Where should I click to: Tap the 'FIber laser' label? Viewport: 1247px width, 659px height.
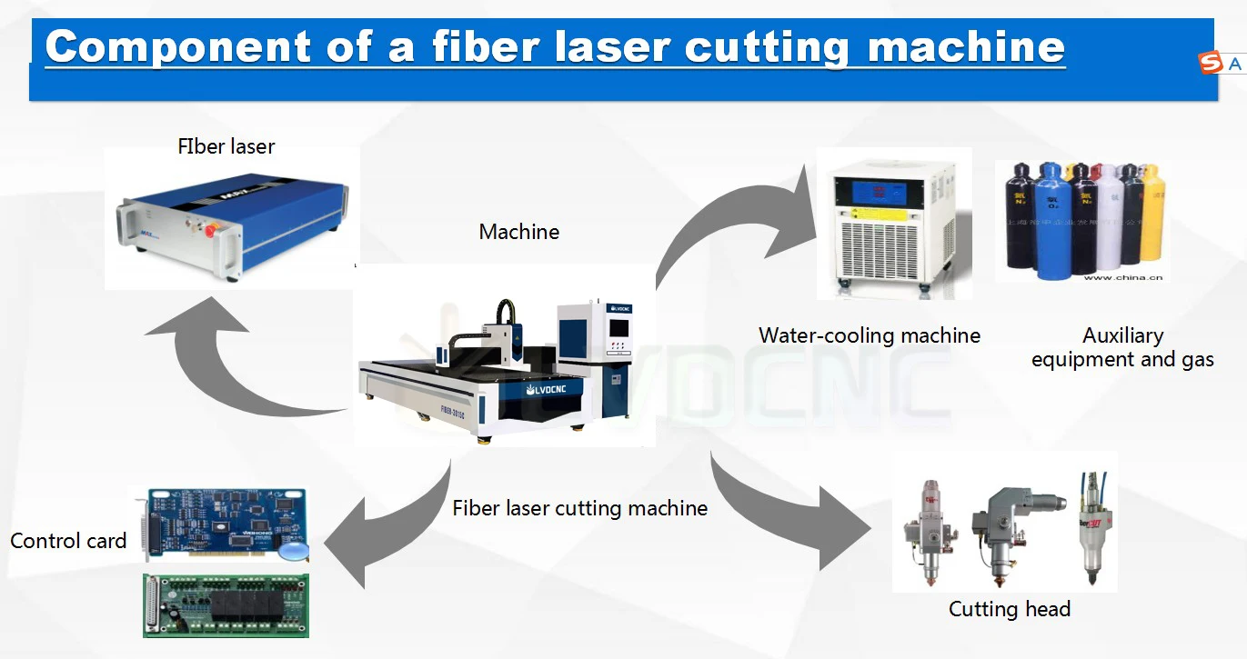click(226, 146)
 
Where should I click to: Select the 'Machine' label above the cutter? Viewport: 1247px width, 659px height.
click(519, 232)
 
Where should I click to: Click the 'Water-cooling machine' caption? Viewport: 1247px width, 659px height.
click(870, 335)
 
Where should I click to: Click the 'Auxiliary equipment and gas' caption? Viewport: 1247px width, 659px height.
click(1122, 348)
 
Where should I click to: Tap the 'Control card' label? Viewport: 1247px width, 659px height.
click(68, 541)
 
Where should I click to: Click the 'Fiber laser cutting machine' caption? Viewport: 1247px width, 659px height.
click(580, 508)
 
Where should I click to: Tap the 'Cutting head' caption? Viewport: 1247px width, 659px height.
click(1010, 609)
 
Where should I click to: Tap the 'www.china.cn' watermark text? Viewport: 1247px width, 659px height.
click(1123, 277)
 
